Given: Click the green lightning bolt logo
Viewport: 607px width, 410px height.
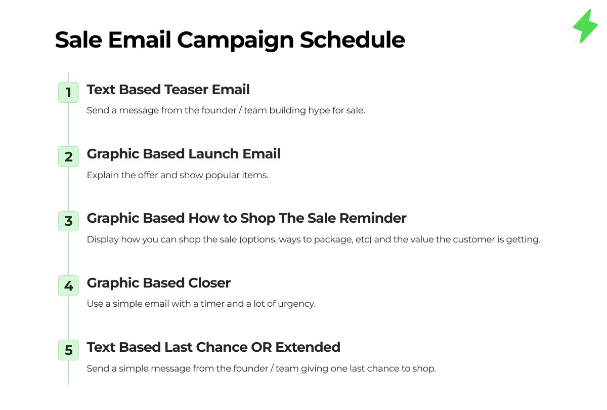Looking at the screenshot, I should pos(585,26).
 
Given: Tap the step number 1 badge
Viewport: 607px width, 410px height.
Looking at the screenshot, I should pos(68,93).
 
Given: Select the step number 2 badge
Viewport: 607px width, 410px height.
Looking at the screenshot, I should pos(68,157).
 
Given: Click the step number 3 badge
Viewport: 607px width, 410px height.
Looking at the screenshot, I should pos(68,221).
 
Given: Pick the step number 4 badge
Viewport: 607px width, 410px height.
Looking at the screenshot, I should pos(68,286).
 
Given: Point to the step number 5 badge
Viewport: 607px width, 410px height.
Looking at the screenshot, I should pos(68,350).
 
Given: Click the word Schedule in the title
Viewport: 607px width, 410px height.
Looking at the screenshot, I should pos(352,39).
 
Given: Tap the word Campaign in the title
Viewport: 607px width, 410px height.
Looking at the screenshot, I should pos(235,40).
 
